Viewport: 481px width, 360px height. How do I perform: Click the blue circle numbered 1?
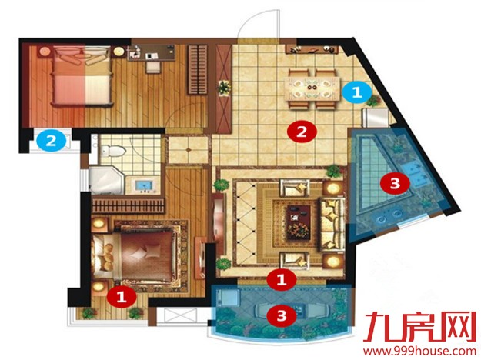(x=357, y=92)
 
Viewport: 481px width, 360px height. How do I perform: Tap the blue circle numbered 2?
(x=52, y=141)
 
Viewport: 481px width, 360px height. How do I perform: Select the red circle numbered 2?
(x=302, y=132)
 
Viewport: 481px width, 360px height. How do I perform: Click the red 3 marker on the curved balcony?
(x=282, y=315)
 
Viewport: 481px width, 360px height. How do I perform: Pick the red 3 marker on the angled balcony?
(x=395, y=183)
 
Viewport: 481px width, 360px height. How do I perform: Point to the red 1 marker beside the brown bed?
(x=122, y=296)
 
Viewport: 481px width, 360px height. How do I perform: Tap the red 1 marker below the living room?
(x=282, y=279)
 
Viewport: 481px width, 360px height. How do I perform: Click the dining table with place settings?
(x=312, y=89)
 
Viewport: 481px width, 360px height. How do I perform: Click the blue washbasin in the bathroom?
(x=144, y=186)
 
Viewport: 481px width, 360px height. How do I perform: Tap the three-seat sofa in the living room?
(x=331, y=223)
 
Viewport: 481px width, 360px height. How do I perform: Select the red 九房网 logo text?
(x=419, y=326)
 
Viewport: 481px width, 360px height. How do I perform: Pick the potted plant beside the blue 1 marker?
(x=375, y=100)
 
